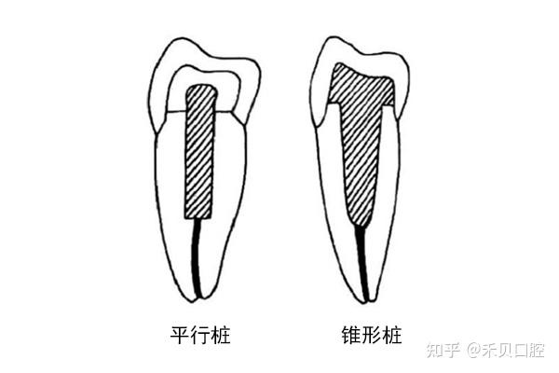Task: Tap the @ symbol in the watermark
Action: click(x=474, y=351)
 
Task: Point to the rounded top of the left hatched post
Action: click(x=202, y=89)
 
